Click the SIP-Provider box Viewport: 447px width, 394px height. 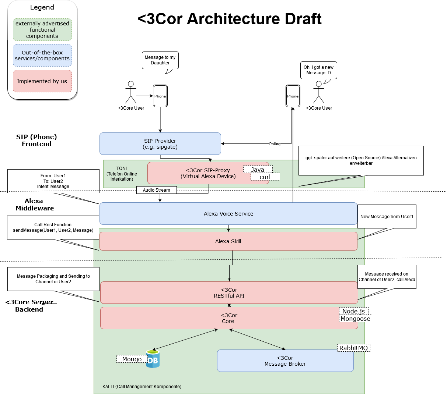[x=160, y=144]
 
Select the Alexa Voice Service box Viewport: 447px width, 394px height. [x=228, y=214]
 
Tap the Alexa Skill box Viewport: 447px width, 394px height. [x=228, y=241]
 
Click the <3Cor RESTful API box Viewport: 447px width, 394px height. [x=229, y=293]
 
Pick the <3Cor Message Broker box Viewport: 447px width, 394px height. [x=285, y=361]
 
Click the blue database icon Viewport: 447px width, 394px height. [x=153, y=359]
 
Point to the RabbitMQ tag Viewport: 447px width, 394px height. [x=353, y=348]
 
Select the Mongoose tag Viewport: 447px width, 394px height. [x=355, y=319]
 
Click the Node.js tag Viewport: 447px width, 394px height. [x=353, y=311]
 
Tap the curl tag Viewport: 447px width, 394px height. [x=265, y=177]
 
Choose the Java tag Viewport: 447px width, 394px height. [x=258, y=170]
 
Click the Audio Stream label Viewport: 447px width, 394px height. [x=157, y=190]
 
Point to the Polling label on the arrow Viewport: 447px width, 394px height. [x=275, y=144]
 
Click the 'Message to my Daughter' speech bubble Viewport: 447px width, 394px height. [x=160, y=60]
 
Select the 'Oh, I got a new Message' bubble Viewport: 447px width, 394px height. [x=318, y=70]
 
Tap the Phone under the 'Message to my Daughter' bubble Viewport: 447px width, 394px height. [x=160, y=96]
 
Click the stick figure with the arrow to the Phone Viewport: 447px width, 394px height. [x=131, y=92]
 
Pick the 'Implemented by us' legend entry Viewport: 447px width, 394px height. [x=42, y=81]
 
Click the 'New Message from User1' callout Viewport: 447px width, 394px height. [x=387, y=217]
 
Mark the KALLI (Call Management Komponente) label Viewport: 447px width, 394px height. [x=142, y=387]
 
